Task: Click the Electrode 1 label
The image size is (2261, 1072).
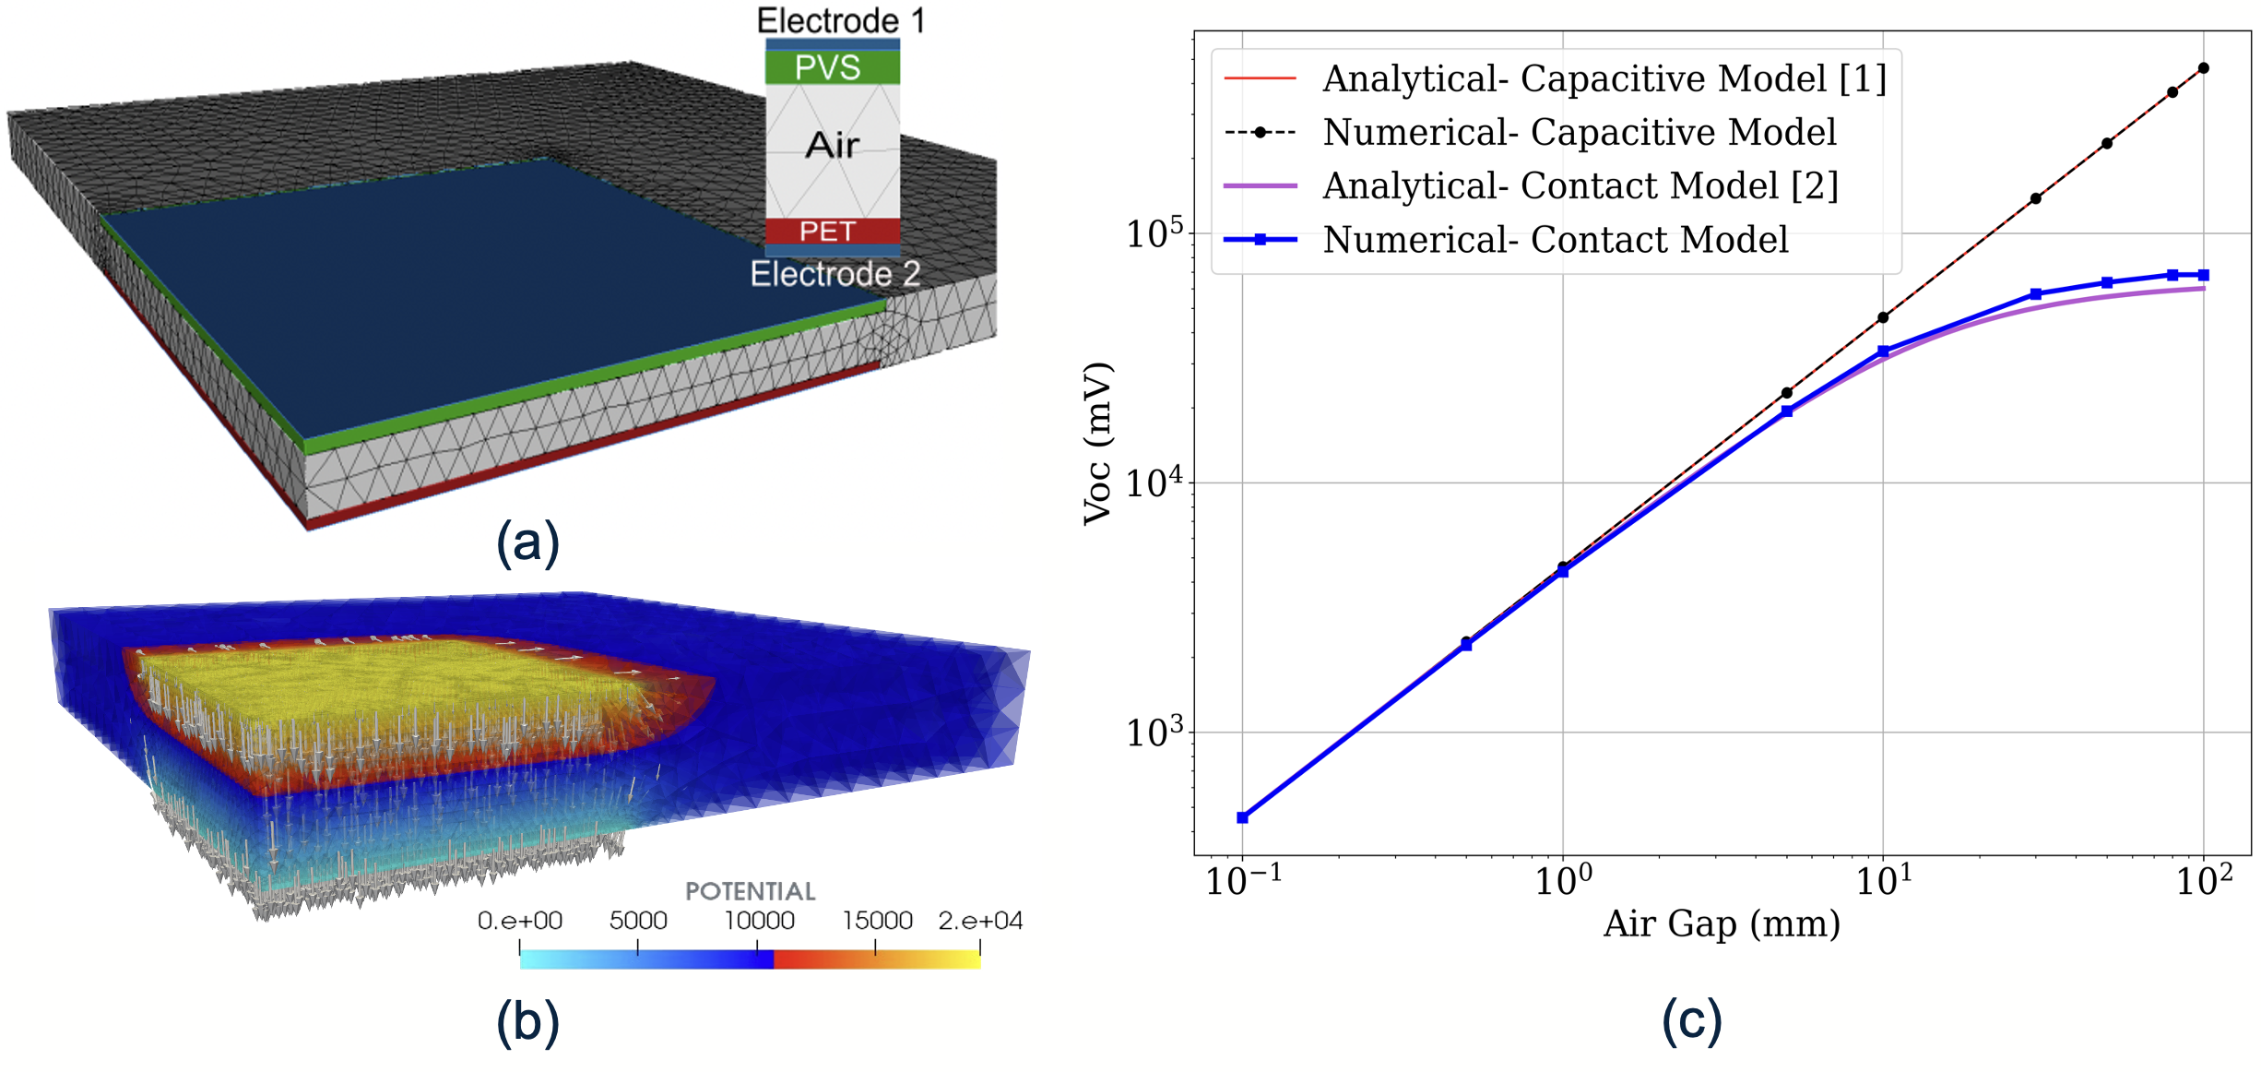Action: pos(840,20)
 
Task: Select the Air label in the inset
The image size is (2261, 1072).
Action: pos(832,146)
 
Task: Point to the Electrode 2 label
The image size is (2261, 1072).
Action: pos(835,274)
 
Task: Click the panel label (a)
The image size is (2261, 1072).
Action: pos(527,542)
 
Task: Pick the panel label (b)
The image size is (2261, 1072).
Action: pos(527,1022)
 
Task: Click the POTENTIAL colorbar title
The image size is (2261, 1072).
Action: pos(750,891)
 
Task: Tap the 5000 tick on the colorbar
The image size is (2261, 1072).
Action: pos(638,921)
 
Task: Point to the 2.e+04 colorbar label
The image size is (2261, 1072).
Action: pos(980,921)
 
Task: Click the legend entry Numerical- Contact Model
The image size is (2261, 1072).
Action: pos(1555,240)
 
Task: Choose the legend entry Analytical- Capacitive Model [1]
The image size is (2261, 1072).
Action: pos(1604,79)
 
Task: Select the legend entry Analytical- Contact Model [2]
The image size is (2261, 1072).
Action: pos(1580,186)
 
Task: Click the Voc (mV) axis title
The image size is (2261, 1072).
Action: pos(1097,444)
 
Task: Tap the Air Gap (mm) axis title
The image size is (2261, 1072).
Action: pos(1722,923)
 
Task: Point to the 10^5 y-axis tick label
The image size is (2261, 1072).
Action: pos(1154,234)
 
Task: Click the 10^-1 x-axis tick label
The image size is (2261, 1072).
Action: pos(1243,881)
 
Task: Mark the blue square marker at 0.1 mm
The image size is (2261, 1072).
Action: pos(1243,817)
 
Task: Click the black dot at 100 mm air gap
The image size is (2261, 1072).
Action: pos(2204,68)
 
